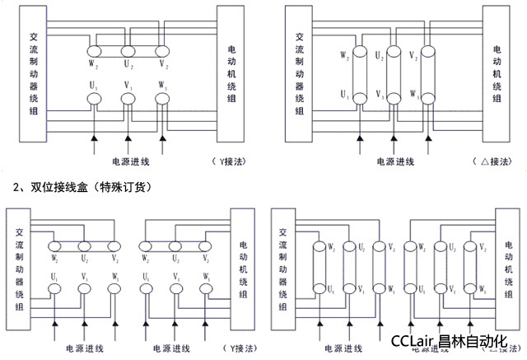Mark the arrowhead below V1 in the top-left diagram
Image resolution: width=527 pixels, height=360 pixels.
pyautogui.click(x=128, y=135)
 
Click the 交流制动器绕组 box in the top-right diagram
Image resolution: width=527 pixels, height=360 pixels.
pyautogui.click(x=298, y=75)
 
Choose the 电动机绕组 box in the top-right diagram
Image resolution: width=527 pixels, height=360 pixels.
pyautogui.click(x=497, y=75)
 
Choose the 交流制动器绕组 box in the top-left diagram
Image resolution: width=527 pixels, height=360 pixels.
pyautogui.click(x=31, y=75)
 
